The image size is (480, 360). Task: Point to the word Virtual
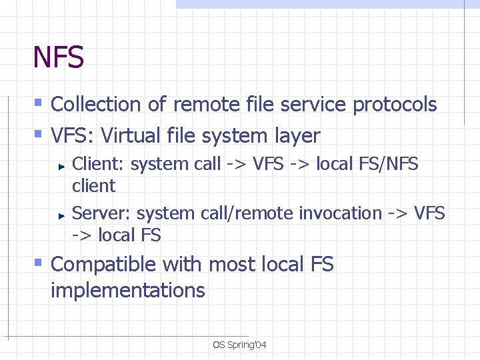[134, 136]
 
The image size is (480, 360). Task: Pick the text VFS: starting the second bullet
[73, 136]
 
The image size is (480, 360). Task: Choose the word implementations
[128, 291]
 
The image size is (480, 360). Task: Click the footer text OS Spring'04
[239, 345]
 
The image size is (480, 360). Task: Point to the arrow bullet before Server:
[60, 215]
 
